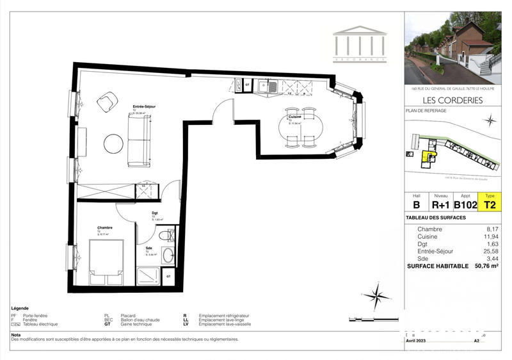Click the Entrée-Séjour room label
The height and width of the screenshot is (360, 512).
click(145, 106)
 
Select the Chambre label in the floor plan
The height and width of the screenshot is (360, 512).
click(105, 227)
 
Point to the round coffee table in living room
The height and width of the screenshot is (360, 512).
click(113, 143)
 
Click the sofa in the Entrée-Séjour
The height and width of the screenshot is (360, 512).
click(139, 142)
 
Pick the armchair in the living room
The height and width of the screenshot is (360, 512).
click(107, 101)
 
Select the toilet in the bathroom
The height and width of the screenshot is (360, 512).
click(166, 235)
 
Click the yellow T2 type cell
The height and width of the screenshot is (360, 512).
click(490, 205)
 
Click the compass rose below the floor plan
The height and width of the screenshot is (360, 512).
click(378, 296)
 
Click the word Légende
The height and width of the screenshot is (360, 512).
click(20, 308)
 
